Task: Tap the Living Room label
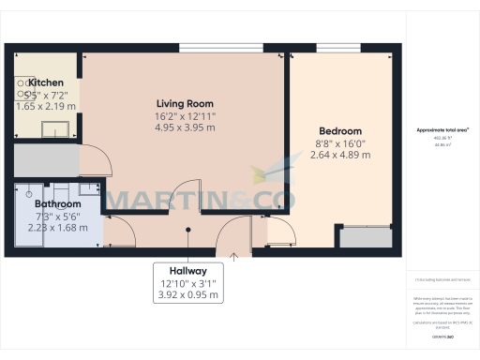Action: click(x=184, y=103)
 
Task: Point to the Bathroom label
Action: click(x=57, y=203)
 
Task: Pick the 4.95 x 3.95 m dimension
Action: click(x=184, y=127)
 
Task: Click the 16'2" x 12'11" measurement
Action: click(x=184, y=115)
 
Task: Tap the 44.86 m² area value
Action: click(x=442, y=144)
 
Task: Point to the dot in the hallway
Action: click(x=188, y=228)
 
